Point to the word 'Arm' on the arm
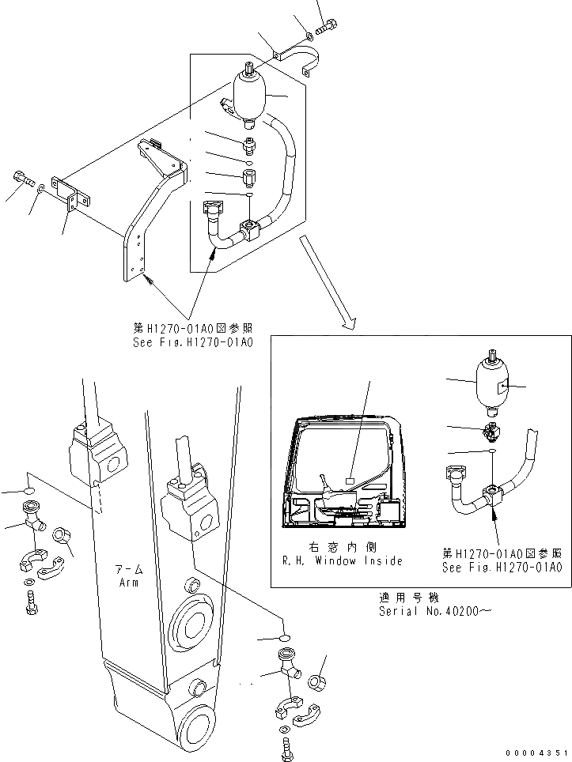point(128,583)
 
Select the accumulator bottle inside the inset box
point(491,386)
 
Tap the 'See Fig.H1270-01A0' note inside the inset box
point(502,568)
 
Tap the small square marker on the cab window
point(349,478)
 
